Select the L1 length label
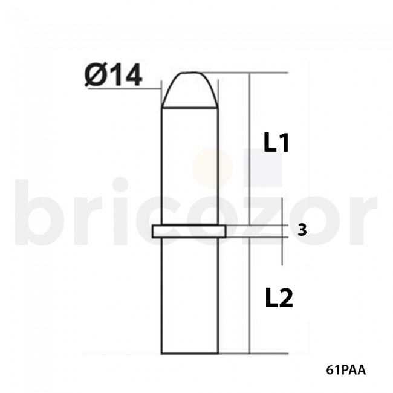278,143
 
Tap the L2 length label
279,298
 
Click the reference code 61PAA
345,369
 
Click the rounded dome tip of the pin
189,89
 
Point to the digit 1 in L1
285,143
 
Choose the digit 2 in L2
286,298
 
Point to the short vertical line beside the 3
283,230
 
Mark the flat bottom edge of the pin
189,354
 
